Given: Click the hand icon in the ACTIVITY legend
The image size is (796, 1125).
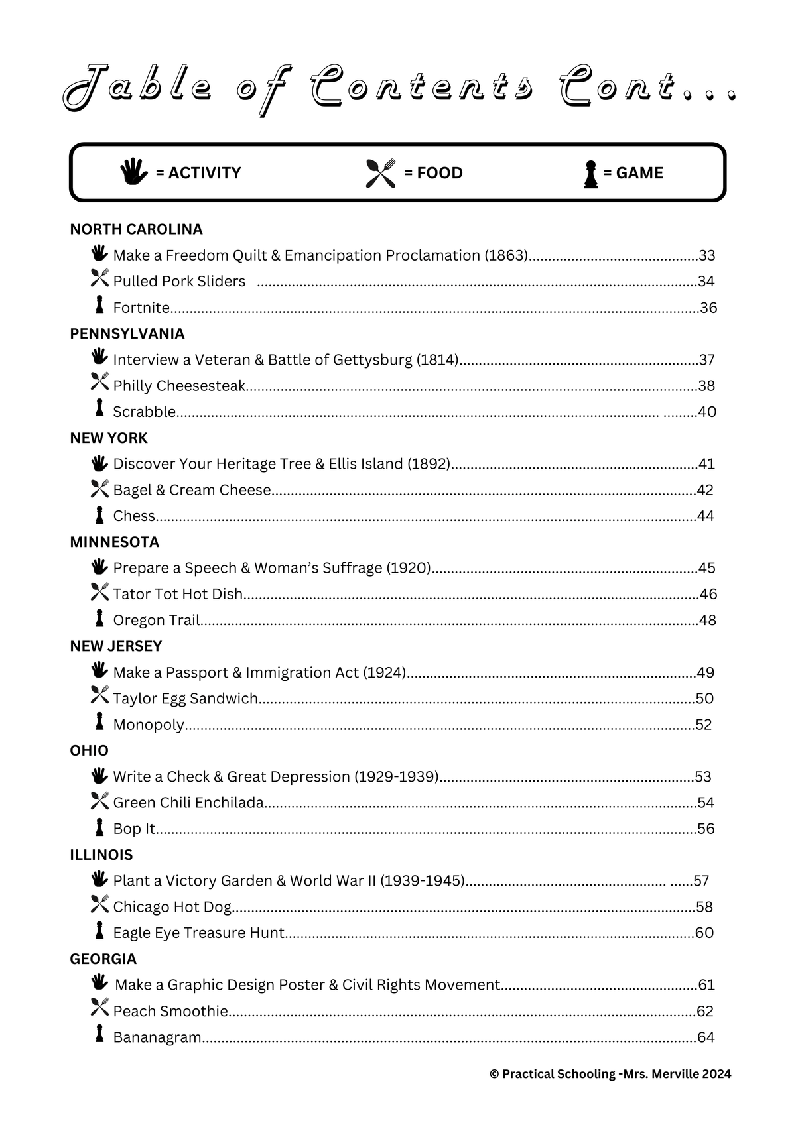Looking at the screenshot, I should point(134,172).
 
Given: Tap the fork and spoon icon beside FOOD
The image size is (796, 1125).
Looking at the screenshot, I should point(381,173).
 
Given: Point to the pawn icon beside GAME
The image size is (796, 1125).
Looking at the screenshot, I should point(590,174).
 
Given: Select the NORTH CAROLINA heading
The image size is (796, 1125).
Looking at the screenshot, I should point(136,229).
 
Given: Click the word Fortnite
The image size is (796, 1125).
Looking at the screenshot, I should point(141,308).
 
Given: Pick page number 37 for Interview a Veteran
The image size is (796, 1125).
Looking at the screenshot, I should point(707,360).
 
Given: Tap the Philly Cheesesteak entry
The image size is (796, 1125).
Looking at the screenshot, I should point(179,386).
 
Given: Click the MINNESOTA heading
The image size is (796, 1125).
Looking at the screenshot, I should point(114,542).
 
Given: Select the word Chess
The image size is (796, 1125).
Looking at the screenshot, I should point(134,516).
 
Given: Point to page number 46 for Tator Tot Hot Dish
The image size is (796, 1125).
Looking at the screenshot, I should point(708,594).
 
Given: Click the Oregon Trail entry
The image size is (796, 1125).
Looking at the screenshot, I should point(156,620).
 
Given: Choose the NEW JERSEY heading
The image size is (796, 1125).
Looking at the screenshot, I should point(115,646).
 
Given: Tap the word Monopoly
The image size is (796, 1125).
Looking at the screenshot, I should point(149,725).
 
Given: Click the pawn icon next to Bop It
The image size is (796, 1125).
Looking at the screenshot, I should point(99,827).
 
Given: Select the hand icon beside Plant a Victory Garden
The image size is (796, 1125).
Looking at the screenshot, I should point(99,879).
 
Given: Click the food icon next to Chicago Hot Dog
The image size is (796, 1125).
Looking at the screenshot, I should point(99,904).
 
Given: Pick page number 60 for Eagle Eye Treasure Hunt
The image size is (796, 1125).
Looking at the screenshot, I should point(704,933).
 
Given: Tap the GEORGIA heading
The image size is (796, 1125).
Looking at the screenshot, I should point(103,959).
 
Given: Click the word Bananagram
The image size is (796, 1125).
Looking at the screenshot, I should point(157,1037).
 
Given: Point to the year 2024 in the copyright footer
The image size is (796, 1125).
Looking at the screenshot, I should point(716,1074).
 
